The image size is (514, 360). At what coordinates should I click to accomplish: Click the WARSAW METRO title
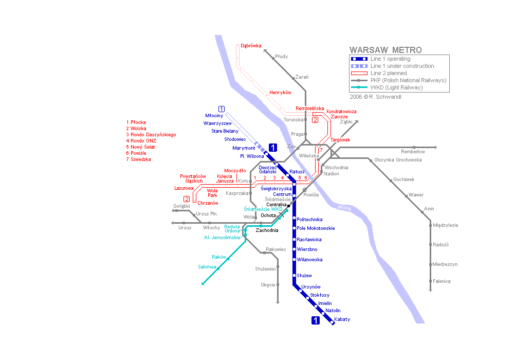(385, 50)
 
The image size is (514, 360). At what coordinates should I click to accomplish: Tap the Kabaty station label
(342, 319)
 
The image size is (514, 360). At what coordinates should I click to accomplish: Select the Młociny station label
(214, 116)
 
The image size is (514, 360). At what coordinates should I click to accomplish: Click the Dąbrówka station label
(251, 46)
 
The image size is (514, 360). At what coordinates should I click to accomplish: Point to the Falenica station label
(442, 281)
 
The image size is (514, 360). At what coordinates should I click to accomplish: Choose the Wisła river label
(344, 208)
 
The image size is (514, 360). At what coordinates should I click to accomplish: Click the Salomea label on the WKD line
(207, 266)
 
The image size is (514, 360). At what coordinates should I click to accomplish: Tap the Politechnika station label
(310, 220)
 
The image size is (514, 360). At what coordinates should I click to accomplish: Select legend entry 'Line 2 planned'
(389, 73)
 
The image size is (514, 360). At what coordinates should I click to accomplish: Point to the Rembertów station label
(413, 152)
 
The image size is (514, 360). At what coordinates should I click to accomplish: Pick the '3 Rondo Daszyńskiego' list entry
(151, 135)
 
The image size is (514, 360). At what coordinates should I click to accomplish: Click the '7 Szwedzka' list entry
(138, 159)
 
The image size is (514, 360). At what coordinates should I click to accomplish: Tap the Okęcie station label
(268, 284)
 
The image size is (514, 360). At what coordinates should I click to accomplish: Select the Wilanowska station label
(310, 260)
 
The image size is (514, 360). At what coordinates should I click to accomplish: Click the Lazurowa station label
(184, 188)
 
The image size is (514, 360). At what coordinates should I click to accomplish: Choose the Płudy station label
(282, 56)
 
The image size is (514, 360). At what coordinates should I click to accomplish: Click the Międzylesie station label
(446, 225)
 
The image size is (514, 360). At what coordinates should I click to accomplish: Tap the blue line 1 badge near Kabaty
(316, 321)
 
